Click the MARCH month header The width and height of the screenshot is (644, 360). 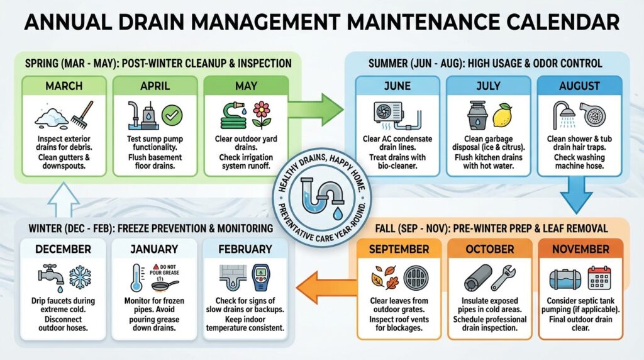[64, 86]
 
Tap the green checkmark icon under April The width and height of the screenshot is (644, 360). [172, 115]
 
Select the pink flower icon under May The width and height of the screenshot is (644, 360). [262, 115]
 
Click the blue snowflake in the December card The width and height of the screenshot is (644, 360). [80, 278]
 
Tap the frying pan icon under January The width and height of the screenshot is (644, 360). [165, 285]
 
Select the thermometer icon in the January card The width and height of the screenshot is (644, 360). [136, 278]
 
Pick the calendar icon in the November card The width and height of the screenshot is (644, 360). [599, 278]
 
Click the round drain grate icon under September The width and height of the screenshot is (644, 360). [416, 278]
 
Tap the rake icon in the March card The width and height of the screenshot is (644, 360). [82, 115]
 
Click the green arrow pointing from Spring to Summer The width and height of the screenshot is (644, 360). [316, 110]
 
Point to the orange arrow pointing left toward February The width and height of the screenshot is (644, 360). [326, 288]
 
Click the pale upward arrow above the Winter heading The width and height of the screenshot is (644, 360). [64, 200]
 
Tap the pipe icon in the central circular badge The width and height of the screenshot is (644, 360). [322, 195]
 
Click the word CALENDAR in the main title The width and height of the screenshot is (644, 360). [562, 22]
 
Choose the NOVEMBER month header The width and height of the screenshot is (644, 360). [580, 249]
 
